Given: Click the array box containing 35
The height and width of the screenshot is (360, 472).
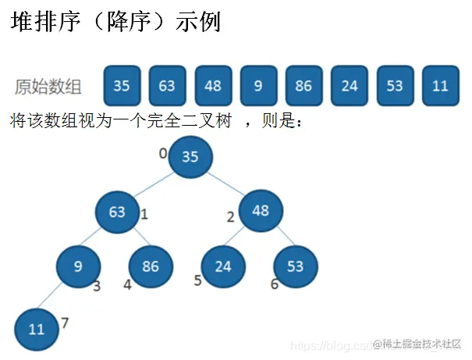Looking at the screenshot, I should click(122, 86).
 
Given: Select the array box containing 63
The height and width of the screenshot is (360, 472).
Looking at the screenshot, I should click(167, 86).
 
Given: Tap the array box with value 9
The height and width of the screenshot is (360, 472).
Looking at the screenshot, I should click(258, 86).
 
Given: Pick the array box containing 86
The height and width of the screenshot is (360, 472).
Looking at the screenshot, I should click(303, 86).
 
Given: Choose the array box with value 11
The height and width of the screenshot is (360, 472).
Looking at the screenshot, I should click(440, 86).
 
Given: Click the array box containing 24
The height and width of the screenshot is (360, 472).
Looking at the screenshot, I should click(349, 86).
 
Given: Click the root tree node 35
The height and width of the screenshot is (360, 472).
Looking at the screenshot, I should click(190, 156).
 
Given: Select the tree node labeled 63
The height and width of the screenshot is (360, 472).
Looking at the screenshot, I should click(118, 212).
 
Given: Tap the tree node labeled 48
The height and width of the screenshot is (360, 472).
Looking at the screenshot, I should click(261, 211).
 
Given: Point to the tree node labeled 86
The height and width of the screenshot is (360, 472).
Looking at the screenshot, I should click(151, 266).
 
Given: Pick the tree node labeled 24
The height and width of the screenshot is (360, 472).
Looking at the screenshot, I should click(223, 266).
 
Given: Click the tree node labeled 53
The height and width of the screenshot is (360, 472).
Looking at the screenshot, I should click(295, 266).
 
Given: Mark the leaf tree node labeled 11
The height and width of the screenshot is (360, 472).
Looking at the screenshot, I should click(37, 329).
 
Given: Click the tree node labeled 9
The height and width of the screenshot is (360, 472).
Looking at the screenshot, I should click(78, 266).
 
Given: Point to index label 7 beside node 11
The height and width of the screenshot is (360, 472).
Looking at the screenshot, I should click(65, 323).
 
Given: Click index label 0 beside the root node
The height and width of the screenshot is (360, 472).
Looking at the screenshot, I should click(163, 153).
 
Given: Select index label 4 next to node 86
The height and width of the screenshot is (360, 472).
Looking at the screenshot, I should click(127, 285).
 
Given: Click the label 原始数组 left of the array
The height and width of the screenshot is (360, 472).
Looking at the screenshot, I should click(48, 87).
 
